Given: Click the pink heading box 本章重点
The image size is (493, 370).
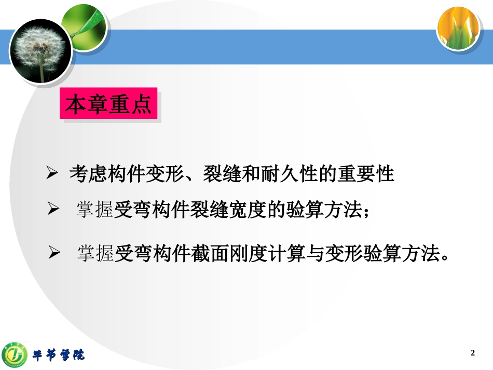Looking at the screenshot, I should (x=108, y=105).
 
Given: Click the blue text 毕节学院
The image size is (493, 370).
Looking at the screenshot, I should (x=59, y=355).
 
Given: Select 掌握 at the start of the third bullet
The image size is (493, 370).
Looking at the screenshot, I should (x=96, y=254).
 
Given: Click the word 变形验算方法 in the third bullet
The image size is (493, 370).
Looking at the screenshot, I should (x=385, y=254).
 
